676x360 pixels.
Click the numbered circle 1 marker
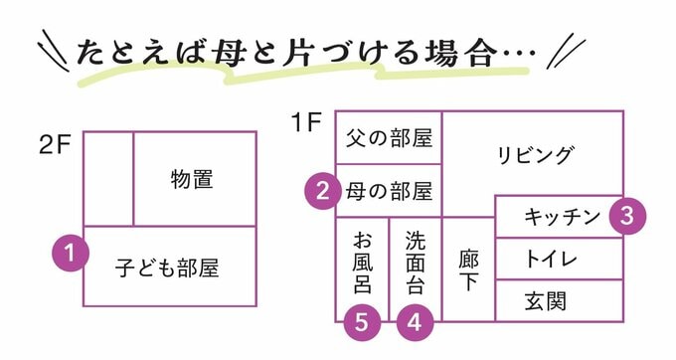71,253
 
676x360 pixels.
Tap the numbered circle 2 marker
320,190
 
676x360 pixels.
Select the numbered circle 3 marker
626,216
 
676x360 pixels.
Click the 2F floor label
56,144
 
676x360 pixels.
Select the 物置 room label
193,179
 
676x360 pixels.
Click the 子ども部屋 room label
167,268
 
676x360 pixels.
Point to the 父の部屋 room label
389,138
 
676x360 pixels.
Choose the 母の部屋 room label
389,190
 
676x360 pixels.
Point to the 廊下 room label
468,269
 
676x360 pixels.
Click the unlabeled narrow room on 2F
107,179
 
